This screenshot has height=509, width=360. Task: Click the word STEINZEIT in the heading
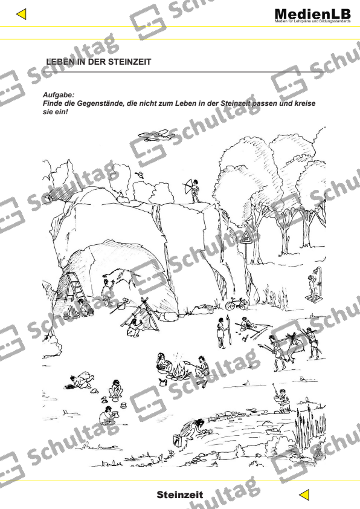(129, 62)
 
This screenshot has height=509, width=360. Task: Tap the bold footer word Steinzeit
(179, 494)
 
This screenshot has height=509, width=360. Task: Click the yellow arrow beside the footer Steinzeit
(306, 494)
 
